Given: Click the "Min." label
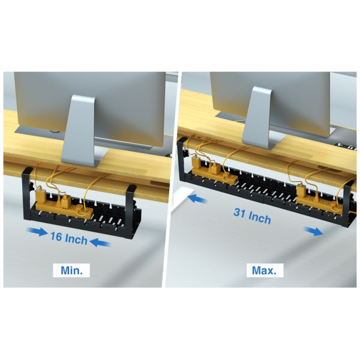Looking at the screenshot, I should pyautogui.click(x=75, y=270).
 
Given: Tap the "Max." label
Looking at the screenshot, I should pyautogui.click(x=264, y=270).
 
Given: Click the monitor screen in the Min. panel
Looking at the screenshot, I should pyautogui.click(x=90, y=96).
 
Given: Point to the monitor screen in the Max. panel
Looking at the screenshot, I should pyautogui.click(x=270, y=96).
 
